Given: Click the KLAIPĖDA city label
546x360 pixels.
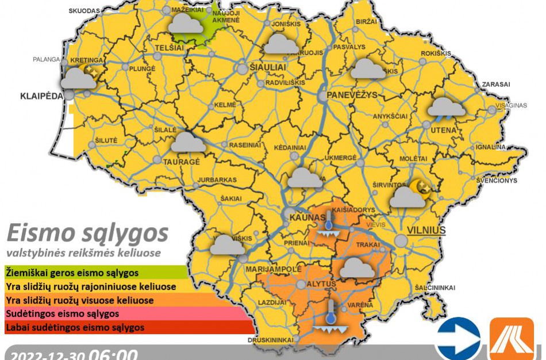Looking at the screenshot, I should (x=40, y=96).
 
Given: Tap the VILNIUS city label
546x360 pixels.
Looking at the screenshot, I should (x=426, y=231).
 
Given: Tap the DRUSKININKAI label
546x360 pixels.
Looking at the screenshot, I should (x=271, y=340).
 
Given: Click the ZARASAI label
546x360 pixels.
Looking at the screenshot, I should (x=496, y=84).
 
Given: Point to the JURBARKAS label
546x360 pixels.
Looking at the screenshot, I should (x=217, y=180).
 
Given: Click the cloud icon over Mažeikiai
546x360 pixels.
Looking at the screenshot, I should (x=185, y=23).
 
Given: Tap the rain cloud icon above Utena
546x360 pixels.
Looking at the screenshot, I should (x=447, y=108).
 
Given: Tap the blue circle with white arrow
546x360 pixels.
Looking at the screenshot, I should (x=458, y=338).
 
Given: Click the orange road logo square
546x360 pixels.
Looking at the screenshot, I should (x=511, y=339).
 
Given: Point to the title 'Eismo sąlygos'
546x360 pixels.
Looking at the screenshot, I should (x=87, y=233).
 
